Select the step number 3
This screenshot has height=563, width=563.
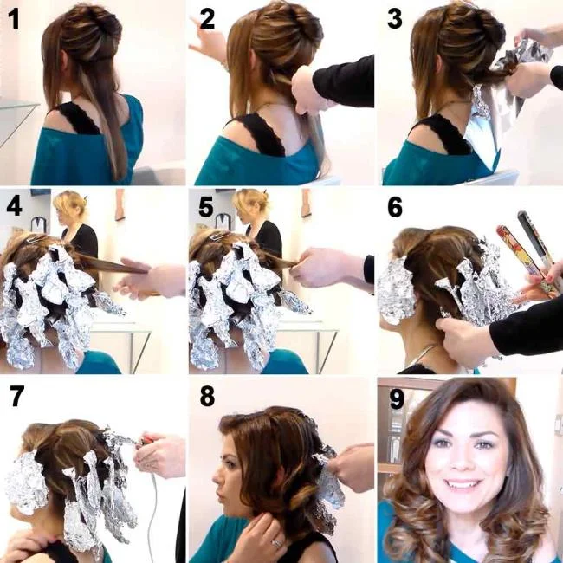point(395,18)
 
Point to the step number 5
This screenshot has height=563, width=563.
point(206,208)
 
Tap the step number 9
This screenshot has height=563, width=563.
point(395,397)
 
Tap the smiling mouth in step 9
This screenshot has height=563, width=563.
point(463,482)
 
